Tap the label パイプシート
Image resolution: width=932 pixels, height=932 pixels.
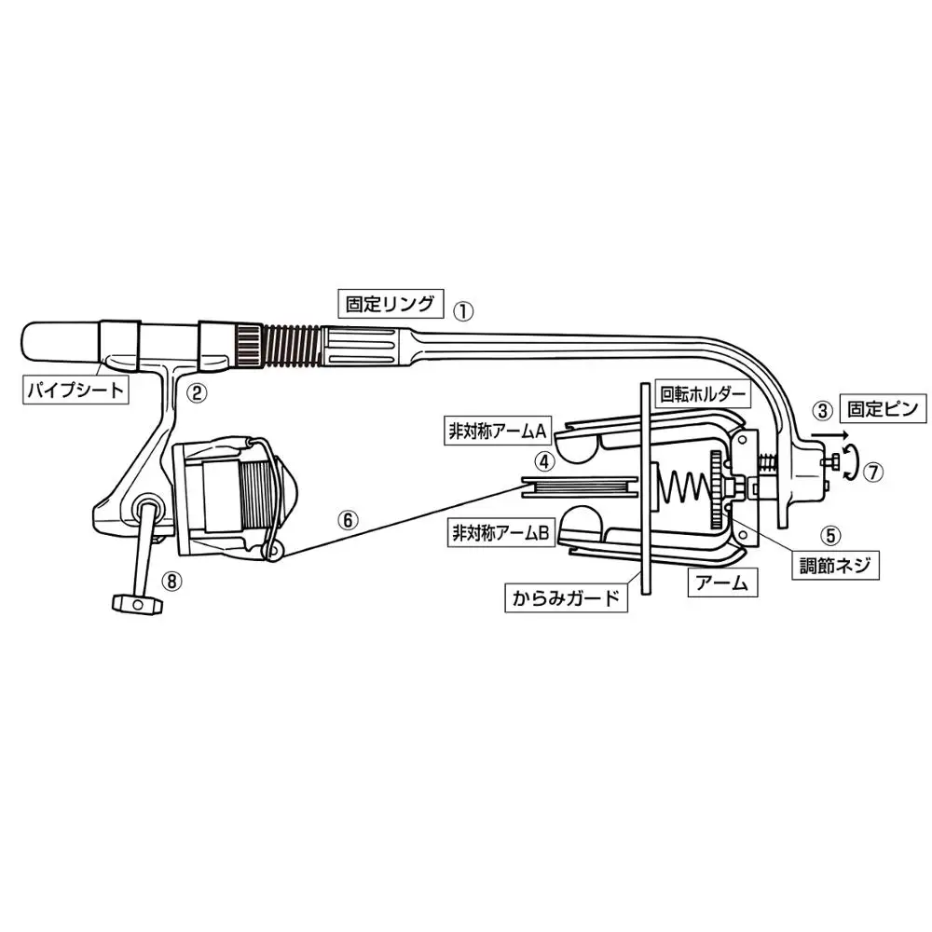(75, 390)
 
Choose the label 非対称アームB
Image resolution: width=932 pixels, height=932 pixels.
(501, 534)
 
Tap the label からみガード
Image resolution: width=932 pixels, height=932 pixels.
(566, 596)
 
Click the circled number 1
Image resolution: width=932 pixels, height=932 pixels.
(463, 308)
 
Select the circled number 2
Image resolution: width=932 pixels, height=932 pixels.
(196, 392)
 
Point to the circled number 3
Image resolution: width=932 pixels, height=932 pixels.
(821, 408)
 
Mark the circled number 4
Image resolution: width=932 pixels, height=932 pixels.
(544, 459)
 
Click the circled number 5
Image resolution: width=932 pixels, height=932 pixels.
(829, 535)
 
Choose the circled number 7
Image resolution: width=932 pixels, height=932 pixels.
(872, 472)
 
